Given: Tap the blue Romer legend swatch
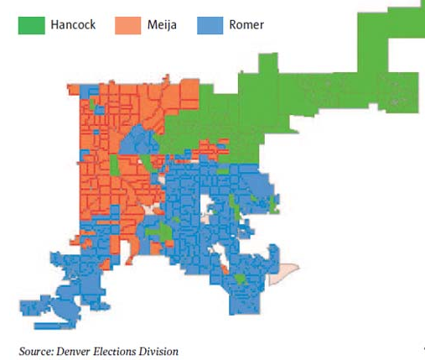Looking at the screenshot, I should (x=207, y=25).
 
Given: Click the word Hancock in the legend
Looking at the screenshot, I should (x=72, y=25).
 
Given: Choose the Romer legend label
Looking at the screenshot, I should (x=246, y=25).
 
